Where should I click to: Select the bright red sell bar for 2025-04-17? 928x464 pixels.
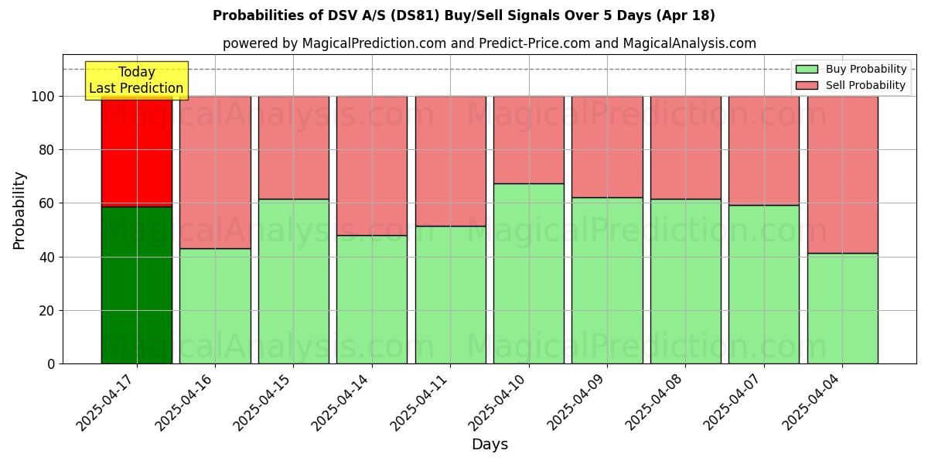point(137,152)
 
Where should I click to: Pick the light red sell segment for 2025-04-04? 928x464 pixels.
point(842,175)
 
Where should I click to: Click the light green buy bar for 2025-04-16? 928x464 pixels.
point(215,305)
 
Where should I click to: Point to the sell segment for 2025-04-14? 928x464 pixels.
point(372,165)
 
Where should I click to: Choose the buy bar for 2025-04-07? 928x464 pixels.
point(764,284)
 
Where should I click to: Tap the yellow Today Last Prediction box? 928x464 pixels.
point(136,80)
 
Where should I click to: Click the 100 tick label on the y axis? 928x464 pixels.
point(43,97)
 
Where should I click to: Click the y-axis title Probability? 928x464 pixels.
point(19,210)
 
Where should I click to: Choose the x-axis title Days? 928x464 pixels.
point(490,445)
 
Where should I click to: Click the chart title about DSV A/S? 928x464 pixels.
point(464,15)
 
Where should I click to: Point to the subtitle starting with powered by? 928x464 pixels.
point(490,43)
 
